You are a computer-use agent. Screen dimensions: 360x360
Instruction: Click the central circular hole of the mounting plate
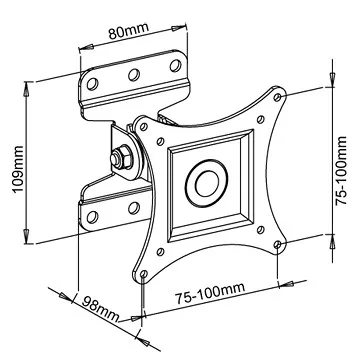pos(207,182)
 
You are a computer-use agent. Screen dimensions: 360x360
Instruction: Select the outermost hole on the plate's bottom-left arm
pos(145,268)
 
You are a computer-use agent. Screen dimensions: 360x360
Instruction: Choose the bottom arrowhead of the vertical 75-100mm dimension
pos(331,240)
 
